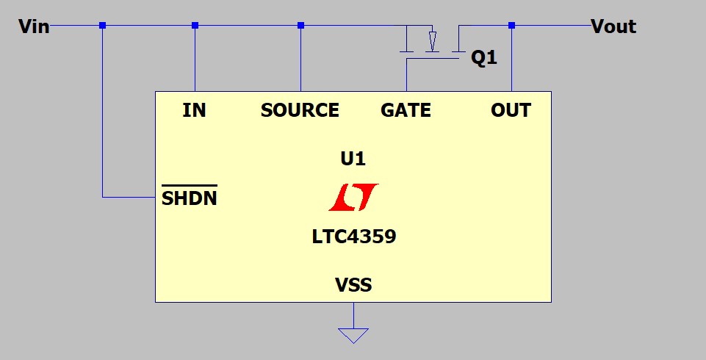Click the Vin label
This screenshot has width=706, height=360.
(34, 26)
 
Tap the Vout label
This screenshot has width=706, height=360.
(613, 26)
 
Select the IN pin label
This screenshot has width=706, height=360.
(194, 110)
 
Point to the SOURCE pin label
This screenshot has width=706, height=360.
(300, 110)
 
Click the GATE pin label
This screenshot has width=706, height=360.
(406, 110)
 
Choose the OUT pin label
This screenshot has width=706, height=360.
(511, 110)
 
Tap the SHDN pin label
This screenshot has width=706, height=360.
(189, 198)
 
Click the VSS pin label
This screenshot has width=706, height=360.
(353, 285)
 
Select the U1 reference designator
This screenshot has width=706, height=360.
(353, 159)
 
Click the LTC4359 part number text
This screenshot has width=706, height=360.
(354, 237)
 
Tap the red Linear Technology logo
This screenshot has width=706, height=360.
(353, 197)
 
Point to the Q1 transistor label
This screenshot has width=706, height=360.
(484, 57)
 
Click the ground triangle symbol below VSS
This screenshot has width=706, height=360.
(353, 336)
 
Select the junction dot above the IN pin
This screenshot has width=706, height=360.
(195, 26)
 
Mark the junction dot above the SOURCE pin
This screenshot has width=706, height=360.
(300, 26)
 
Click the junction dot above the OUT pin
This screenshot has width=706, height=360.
(511, 26)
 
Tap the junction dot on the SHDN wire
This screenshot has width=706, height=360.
(103, 26)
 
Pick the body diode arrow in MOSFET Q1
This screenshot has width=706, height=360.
(432, 41)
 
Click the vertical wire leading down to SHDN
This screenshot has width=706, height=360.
(103, 111)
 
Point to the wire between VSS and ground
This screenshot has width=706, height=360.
(353, 315)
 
